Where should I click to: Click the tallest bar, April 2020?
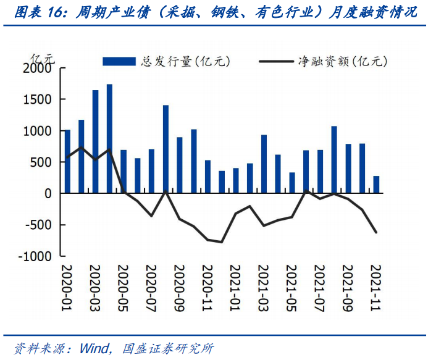point(109,139)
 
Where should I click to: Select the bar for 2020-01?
point(67,162)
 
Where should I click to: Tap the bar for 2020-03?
point(96,142)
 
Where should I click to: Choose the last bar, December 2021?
point(376,185)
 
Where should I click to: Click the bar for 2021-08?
point(334,160)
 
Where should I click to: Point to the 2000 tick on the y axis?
point(38,69)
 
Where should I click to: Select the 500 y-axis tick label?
point(42,162)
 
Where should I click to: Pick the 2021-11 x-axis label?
point(376,287)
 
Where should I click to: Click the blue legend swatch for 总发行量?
point(119,61)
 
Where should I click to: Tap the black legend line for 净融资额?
point(276,61)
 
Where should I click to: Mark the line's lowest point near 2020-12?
point(222,242)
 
